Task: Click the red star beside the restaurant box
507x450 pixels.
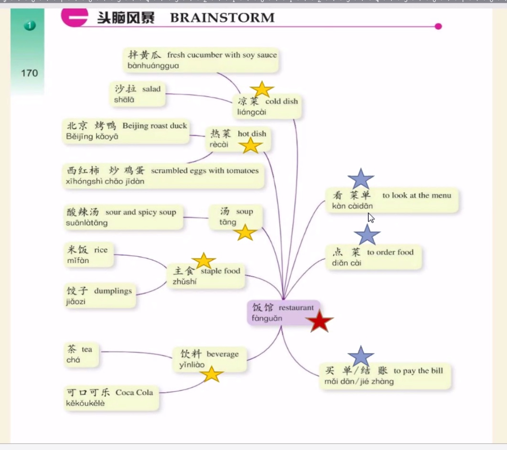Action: pyautogui.click(x=320, y=321)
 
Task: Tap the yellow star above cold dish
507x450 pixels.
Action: pyautogui.click(x=262, y=89)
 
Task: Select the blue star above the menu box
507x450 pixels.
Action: pyautogui.click(x=361, y=179)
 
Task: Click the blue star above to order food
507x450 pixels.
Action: pyautogui.click(x=367, y=235)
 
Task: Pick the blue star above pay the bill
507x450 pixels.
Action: pyautogui.click(x=361, y=357)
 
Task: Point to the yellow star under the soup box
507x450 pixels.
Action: pyautogui.click(x=245, y=233)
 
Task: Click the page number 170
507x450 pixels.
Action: pyautogui.click(x=29, y=73)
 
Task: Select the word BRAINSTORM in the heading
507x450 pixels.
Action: pyautogui.click(x=222, y=18)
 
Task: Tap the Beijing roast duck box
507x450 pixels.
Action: pyautogui.click(x=126, y=131)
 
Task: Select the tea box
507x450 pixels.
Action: pyautogui.click(x=81, y=354)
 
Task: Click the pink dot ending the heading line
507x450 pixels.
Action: pyautogui.click(x=438, y=26)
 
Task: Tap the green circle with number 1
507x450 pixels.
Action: pyautogui.click(x=30, y=25)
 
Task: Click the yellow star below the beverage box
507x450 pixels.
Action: pyautogui.click(x=212, y=375)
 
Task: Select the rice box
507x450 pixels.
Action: pyautogui.click(x=88, y=255)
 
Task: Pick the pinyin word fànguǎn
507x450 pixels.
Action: pyautogui.click(x=267, y=319)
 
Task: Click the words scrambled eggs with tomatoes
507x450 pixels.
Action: pyautogui.click(x=205, y=171)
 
